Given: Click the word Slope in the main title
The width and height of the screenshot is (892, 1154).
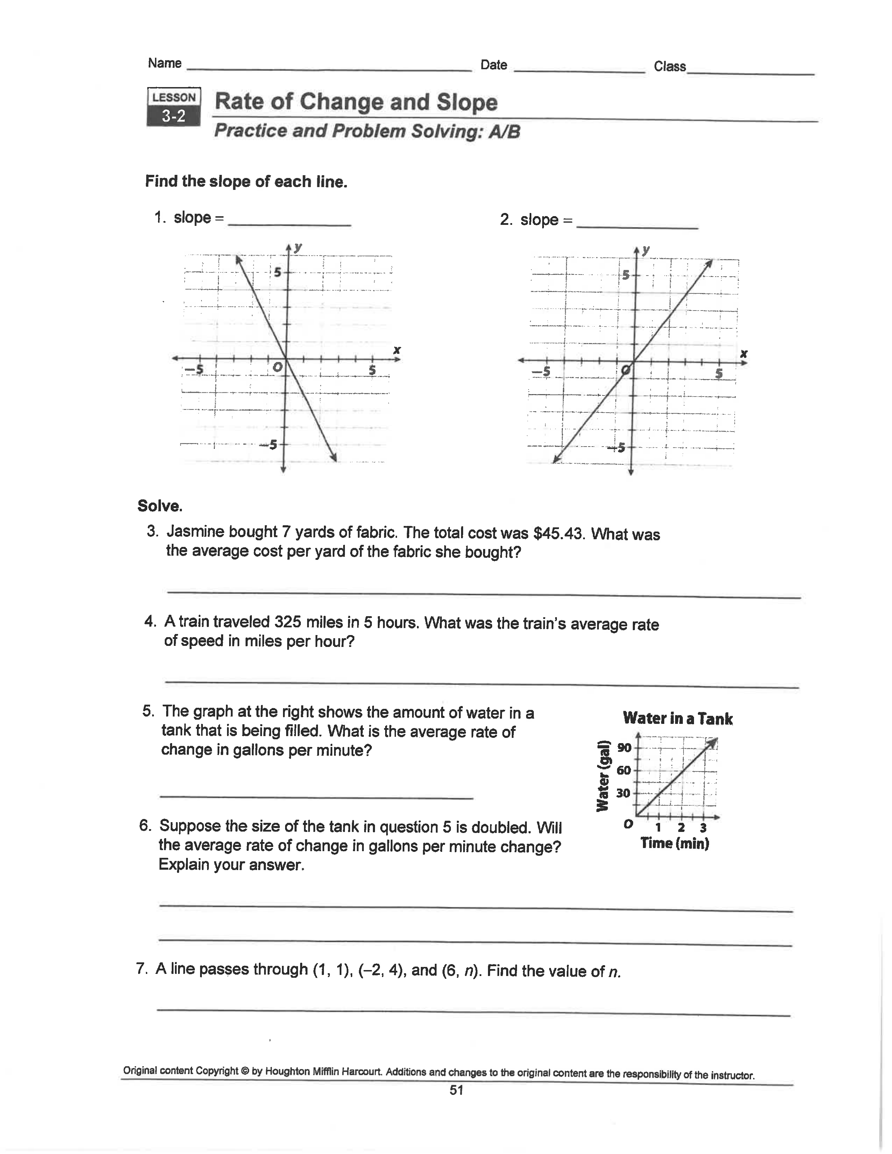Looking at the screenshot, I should [467, 102].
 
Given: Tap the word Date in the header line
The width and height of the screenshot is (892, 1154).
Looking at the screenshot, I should [494, 65].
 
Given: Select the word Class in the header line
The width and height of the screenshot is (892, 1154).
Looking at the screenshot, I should [670, 66].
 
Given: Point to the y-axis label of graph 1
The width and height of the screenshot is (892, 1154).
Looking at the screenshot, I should [299, 247].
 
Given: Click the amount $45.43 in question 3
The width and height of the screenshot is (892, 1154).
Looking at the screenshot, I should [559, 534].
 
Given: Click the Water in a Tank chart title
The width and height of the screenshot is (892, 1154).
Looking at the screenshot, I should [678, 719].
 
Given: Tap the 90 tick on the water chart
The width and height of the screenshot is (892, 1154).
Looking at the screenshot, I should [624, 747].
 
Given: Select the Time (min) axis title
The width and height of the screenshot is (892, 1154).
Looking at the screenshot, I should [675, 843].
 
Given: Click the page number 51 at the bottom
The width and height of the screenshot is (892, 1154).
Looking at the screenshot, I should [456, 1090].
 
